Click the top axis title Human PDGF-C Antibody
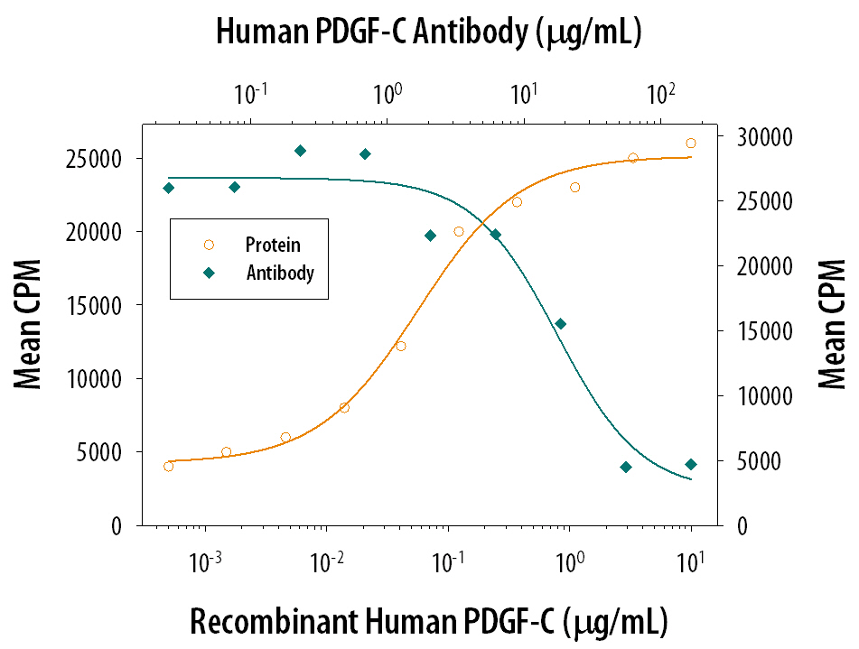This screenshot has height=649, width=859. click(428, 32)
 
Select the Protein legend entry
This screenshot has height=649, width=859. click(272, 245)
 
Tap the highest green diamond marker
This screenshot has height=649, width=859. click(300, 151)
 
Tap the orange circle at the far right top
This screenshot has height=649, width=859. click(691, 144)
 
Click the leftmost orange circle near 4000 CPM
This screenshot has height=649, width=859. click(168, 467)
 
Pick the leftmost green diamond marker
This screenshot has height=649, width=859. click(168, 188)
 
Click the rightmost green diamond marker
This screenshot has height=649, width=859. click(691, 465)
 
